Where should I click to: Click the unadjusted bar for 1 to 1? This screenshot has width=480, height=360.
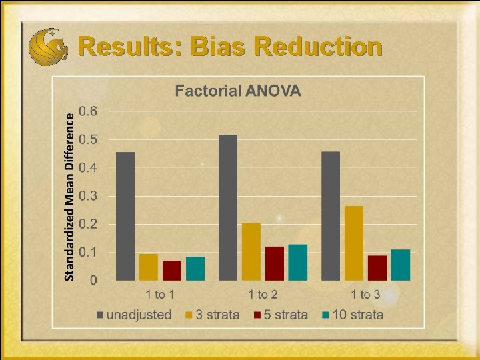coord(125,216)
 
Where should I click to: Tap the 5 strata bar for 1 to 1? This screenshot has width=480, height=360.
coord(172,270)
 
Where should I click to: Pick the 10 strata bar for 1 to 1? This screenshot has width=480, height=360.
coord(195,268)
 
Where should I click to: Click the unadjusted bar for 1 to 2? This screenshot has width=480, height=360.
coord(228,207)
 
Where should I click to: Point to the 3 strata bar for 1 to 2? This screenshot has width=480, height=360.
coord(251,251)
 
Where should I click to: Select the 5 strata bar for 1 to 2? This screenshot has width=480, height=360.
coord(275,263)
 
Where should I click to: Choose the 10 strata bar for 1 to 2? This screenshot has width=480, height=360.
coord(298,262)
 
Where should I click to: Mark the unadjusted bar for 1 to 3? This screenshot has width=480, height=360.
coord(331,216)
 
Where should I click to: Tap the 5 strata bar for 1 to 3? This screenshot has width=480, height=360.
coord(377,267)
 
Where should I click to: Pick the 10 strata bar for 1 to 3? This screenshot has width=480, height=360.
coord(401,265)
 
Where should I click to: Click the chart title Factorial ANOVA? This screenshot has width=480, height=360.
coord(238,91)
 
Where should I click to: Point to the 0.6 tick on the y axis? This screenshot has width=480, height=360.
coord(88,111)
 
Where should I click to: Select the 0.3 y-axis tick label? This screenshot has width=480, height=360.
coord(88,196)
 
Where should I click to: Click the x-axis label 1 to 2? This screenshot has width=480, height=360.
coord(263,294)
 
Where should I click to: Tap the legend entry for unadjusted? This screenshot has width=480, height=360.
coord(133,315)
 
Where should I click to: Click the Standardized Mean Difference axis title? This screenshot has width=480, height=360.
coord(69,195)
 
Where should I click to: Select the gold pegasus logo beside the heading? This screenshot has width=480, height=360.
coord(48,45)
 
